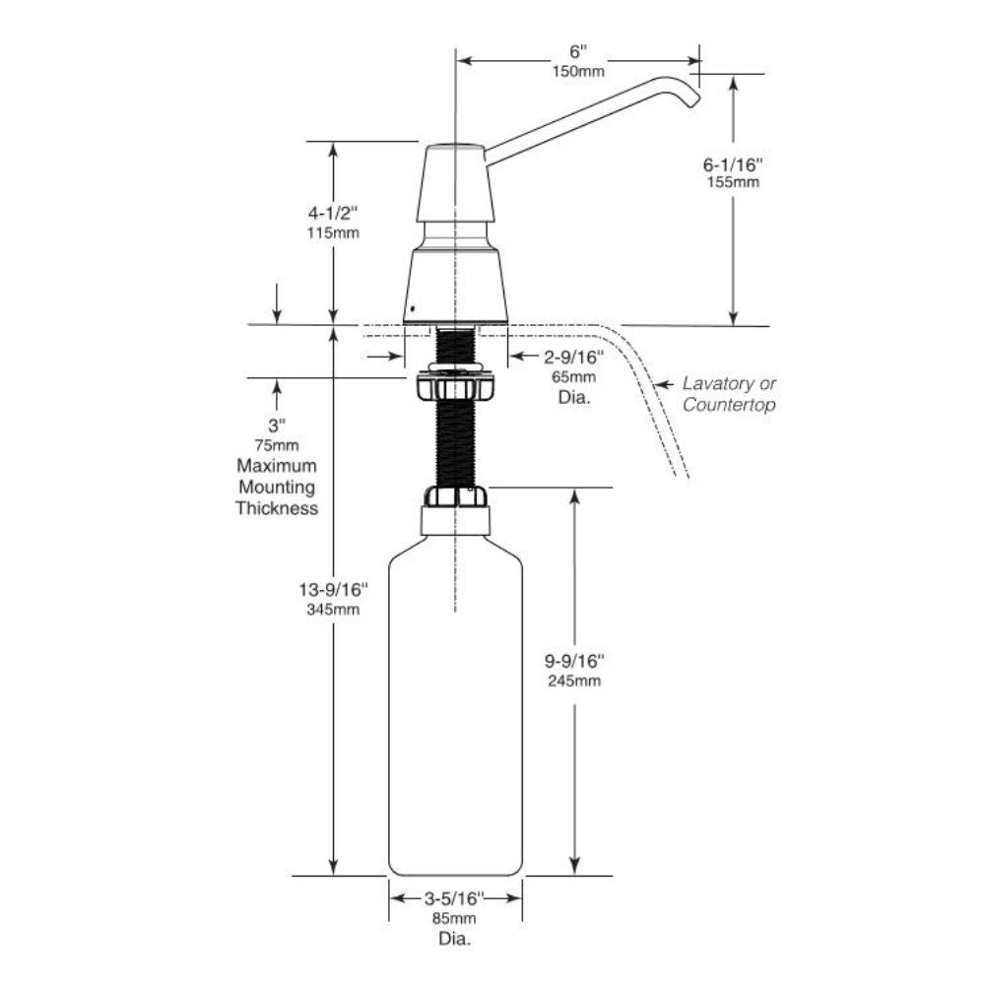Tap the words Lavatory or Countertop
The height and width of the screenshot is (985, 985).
[729, 394]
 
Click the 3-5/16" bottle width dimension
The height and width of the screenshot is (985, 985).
[455, 897]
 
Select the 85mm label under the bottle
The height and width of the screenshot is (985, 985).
[455, 919]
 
